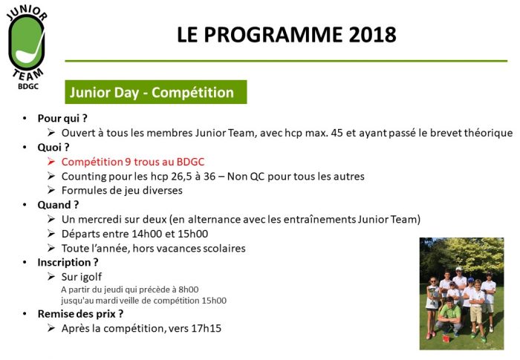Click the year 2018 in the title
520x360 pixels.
click(372, 34)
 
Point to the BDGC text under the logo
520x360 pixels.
click(28, 86)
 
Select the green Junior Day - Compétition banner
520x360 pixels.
click(156, 92)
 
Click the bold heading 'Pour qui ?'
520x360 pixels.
click(62, 118)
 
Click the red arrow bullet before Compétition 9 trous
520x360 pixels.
click(51, 162)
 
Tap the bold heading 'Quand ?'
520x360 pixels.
click(58, 205)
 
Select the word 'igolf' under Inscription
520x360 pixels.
click(91, 277)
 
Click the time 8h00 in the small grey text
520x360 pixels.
click(189, 289)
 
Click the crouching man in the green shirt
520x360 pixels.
click(449, 315)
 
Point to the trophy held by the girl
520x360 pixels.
click(433, 295)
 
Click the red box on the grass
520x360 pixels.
click(446, 338)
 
